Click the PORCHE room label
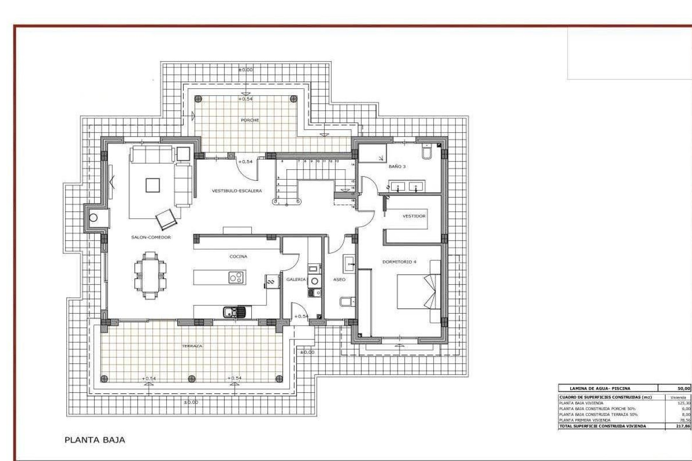click(250, 120)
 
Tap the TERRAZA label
click(192, 346)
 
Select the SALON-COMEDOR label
click(151, 237)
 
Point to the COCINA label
click(238, 256)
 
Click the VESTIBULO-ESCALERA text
click(237, 191)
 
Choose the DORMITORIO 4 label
click(399, 262)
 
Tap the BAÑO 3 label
click(397, 167)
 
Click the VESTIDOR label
click(414, 216)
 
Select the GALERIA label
click(296, 279)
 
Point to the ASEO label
click(339, 279)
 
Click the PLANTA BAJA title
click(95, 440)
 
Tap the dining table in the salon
click(150, 276)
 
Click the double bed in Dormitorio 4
click(414, 291)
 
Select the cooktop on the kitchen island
click(236, 277)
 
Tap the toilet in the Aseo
click(345, 301)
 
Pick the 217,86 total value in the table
click(683, 426)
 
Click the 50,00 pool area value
click(684, 388)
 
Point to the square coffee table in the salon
click(152, 185)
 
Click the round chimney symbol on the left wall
click(93, 218)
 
